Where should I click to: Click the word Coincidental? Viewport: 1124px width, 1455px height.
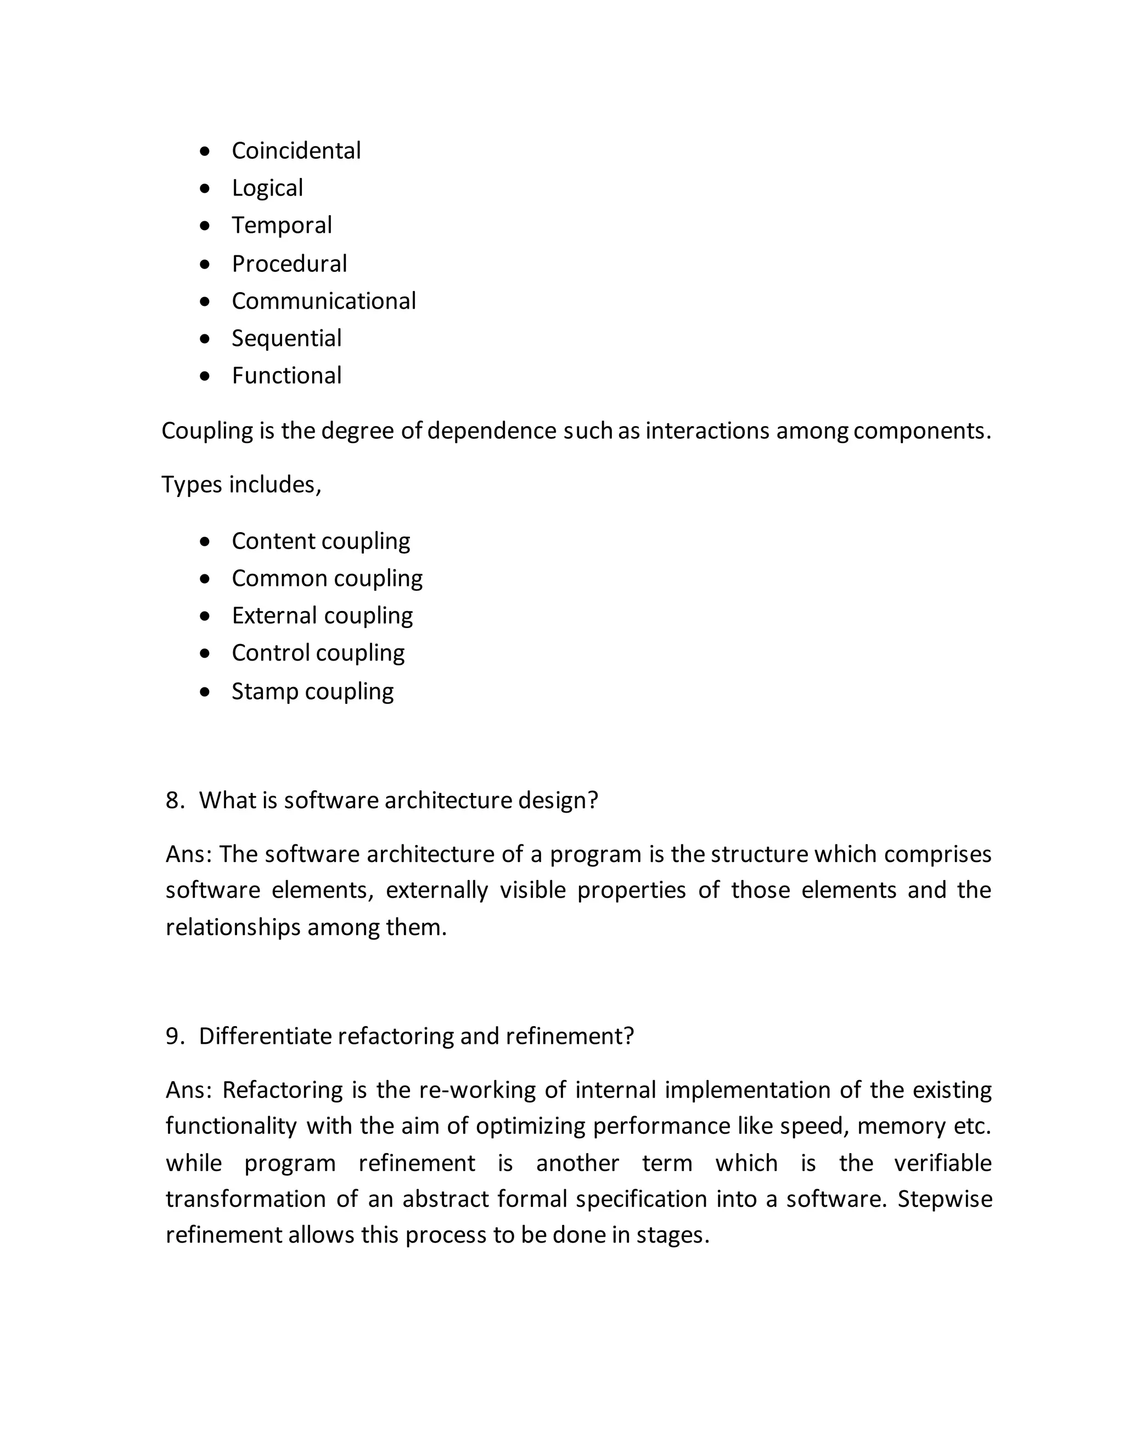[296, 150]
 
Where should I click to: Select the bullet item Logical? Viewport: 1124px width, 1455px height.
[267, 188]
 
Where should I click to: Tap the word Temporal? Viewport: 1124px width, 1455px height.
[281, 225]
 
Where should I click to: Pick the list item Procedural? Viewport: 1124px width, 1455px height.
[289, 264]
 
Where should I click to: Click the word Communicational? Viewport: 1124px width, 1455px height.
[324, 301]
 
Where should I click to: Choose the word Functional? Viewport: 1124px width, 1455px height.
[286, 376]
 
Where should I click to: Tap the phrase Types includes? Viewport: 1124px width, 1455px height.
[241, 484]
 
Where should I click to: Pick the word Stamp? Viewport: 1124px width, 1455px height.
[265, 691]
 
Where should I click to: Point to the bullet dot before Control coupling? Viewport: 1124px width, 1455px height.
[204, 653]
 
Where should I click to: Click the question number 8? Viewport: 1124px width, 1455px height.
[174, 800]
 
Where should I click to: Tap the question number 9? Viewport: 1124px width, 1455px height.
[174, 1036]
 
